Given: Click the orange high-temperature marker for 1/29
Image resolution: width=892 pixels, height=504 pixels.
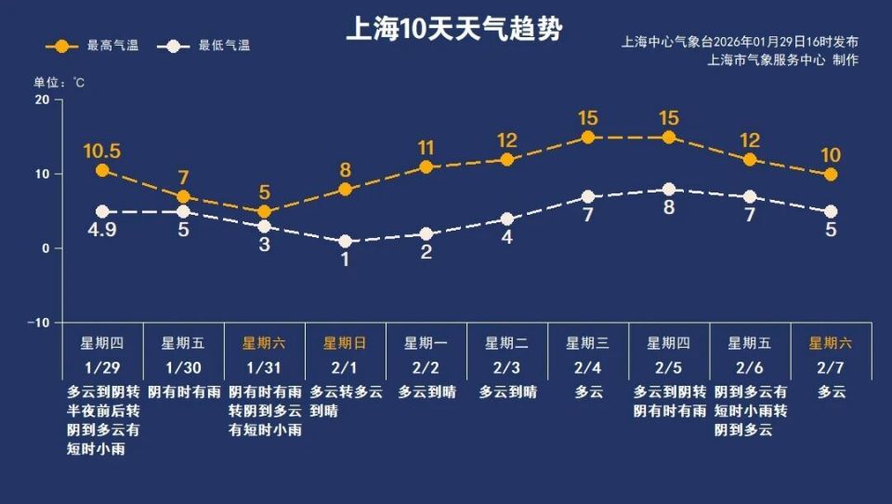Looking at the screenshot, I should [x=102, y=170].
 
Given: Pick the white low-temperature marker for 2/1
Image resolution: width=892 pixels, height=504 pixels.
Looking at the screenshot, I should [x=346, y=241].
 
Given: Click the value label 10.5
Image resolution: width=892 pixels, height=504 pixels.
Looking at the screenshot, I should [x=102, y=151].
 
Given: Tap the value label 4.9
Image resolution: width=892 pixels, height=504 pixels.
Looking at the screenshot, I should [x=102, y=231].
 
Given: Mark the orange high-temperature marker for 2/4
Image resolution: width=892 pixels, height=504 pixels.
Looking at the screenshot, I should [x=588, y=137].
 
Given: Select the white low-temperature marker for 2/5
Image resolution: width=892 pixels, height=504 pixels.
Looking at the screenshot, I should [x=669, y=189].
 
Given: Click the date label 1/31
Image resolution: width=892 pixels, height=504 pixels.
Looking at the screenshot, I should [x=264, y=366].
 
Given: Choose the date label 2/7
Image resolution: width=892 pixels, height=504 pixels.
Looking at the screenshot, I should [x=832, y=366].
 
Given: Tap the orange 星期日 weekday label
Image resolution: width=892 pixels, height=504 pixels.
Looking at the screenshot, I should [x=346, y=342].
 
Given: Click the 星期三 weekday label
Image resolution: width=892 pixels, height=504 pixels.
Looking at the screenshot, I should [x=588, y=342].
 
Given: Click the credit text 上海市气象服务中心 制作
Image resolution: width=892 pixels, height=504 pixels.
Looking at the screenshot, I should [x=782, y=60].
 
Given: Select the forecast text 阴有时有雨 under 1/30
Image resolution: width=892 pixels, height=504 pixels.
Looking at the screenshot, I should [x=183, y=391].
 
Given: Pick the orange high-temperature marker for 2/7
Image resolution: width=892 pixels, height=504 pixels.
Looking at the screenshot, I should [x=831, y=174].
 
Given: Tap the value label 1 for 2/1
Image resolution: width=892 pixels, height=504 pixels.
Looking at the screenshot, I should [x=346, y=260].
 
